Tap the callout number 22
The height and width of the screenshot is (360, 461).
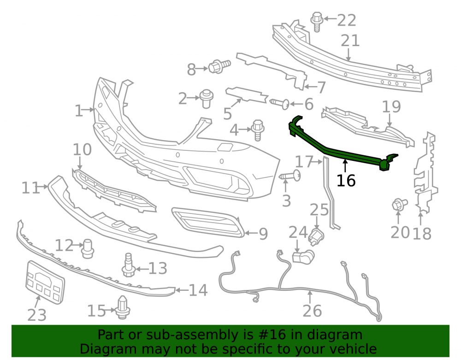(x=346, y=20)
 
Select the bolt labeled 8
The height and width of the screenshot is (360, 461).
(x=219, y=66)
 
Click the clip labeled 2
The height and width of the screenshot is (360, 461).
(x=207, y=99)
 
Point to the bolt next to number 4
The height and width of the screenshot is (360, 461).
(x=258, y=130)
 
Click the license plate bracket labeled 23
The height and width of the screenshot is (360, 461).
(x=45, y=282)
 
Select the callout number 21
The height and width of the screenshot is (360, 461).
(x=350, y=41)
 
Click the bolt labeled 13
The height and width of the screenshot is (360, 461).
(x=128, y=265)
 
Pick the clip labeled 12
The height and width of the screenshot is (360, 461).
(x=88, y=248)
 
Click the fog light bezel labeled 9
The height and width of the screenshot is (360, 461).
(x=207, y=223)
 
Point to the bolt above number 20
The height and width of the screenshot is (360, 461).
(x=400, y=204)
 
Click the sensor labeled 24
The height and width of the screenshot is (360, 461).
(x=303, y=256)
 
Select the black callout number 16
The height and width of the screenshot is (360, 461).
(x=346, y=180)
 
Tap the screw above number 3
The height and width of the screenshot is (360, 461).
(x=290, y=176)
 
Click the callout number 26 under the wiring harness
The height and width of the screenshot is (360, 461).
(x=312, y=311)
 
